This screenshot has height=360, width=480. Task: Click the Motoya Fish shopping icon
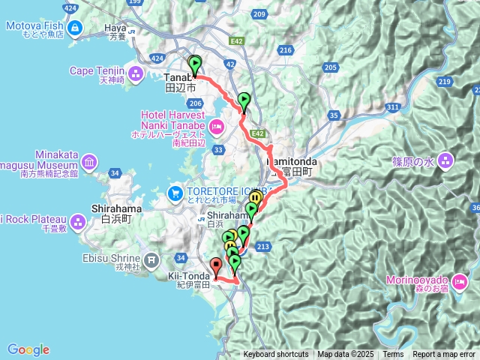pos(75,29)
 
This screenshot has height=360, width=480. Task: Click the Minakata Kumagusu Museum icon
pos(88,162)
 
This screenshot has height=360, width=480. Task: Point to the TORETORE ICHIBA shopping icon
pos(175,193)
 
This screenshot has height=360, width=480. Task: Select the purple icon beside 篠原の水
pos(446,160)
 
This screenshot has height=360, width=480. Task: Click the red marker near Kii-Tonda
pos(216,265)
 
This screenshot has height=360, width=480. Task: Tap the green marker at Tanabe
pos(195,64)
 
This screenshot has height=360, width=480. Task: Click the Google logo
pos(28,349)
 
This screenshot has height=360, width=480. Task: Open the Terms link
pos(393,355)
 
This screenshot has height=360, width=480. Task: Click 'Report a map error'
pos(444,355)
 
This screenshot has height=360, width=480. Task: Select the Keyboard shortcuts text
pos(275,355)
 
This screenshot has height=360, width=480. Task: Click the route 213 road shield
pos(263,246)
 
